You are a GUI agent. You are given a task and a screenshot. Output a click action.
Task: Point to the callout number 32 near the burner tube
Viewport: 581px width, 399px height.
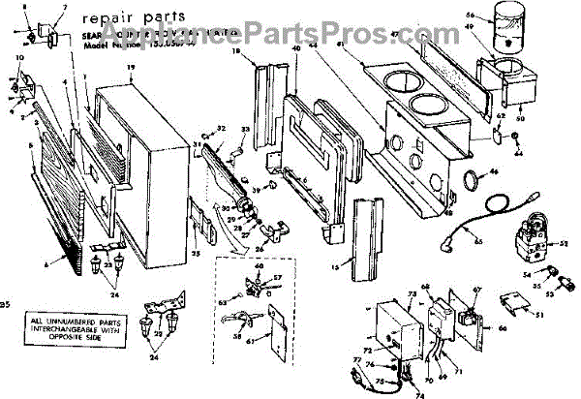[222, 129]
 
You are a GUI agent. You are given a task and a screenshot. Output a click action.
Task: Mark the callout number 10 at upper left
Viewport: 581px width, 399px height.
[20, 59]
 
